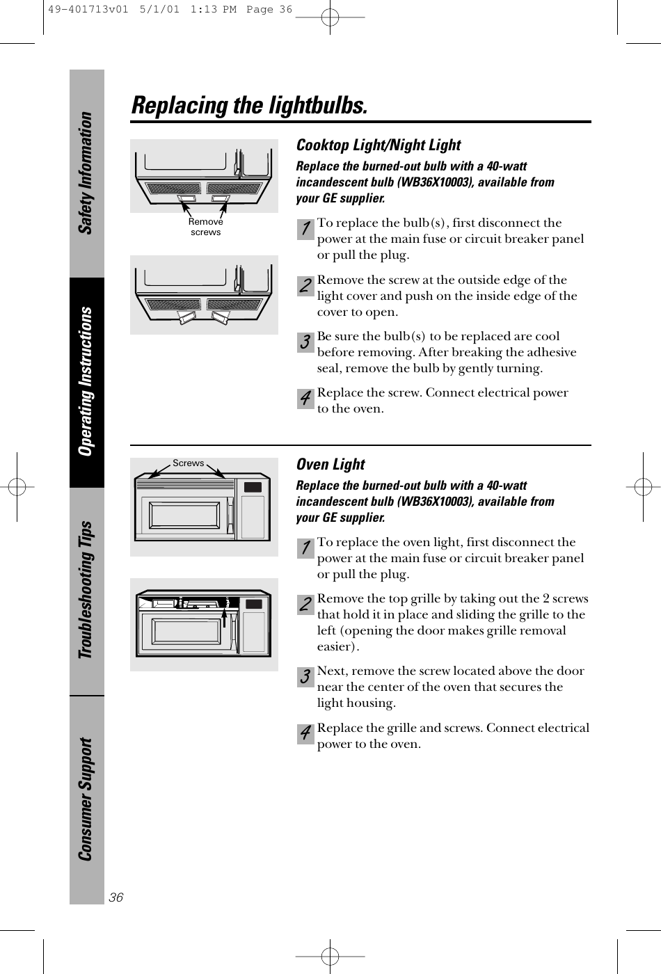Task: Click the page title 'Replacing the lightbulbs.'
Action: click(249, 106)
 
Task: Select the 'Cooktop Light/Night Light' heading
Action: click(379, 145)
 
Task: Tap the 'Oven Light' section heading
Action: click(330, 465)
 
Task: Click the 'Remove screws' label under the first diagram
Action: click(206, 227)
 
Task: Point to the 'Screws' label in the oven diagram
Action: click(189, 463)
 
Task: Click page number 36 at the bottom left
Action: click(116, 897)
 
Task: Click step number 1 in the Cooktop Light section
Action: click(305, 229)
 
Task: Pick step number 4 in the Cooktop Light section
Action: click(305, 399)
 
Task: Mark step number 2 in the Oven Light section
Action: click(305, 605)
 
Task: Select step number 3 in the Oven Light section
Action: click(305, 677)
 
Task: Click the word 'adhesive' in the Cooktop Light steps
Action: click(553, 352)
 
